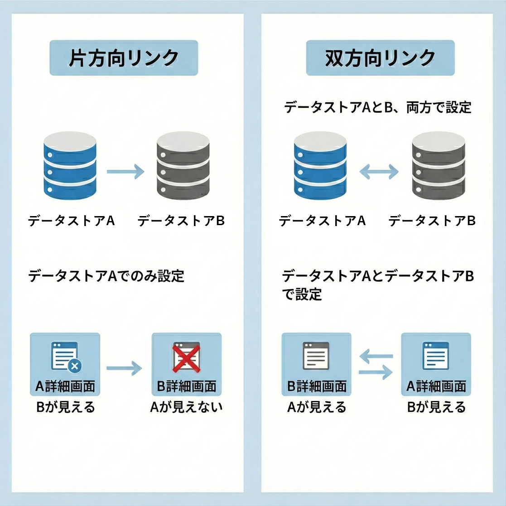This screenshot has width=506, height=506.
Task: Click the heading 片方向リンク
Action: [x=123, y=58]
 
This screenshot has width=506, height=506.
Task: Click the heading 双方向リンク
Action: [x=380, y=58]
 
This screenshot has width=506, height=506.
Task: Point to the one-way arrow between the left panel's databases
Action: [x=125, y=172]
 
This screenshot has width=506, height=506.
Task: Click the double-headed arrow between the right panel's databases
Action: [x=379, y=172]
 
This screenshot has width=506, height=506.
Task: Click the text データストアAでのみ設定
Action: [x=106, y=276]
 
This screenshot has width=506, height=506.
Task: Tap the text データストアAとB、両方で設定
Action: [x=377, y=107]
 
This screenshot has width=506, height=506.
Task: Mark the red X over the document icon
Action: [x=186, y=358]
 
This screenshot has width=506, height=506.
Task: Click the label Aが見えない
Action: [x=186, y=407]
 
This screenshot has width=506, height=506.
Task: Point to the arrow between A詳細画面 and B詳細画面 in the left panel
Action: [x=125, y=367]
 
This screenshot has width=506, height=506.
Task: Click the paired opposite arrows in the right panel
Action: [x=376, y=365]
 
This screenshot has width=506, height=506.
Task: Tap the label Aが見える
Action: [x=317, y=407]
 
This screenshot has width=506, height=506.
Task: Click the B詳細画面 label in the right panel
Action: [x=317, y=386]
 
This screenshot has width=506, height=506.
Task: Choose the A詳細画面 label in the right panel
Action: [x=436, y=386]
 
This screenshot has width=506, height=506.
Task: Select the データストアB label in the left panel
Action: [x=181, y=221]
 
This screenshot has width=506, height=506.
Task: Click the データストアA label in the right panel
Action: [x=322, y=221]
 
